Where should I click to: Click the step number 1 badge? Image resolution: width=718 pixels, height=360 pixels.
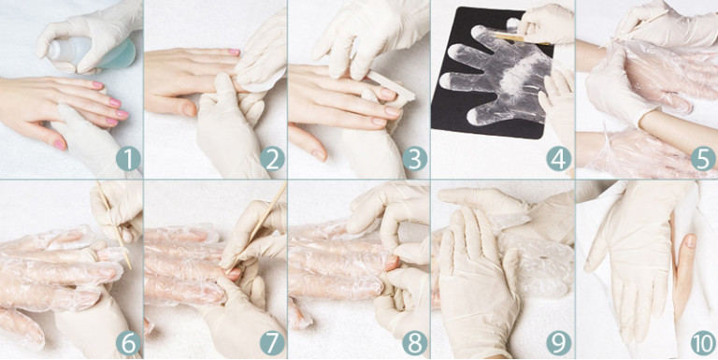click(x=128, y=159)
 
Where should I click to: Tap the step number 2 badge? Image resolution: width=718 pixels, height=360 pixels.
click(x=272, y=159)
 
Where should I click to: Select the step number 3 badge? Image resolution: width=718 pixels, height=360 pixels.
click(x=415, y=159)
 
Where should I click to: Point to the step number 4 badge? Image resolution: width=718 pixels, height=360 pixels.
click(x=559, y=159)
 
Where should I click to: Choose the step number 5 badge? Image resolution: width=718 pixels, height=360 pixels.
click(x=703, y=159)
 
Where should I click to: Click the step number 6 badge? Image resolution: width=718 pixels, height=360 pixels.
click(x=128, y=343)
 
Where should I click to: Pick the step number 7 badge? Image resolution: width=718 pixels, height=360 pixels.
click(x=272, y=343)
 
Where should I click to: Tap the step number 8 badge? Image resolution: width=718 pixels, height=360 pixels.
click(x=415, y=343)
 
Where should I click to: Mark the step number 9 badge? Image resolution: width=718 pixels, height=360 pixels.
click(x=559, y=343)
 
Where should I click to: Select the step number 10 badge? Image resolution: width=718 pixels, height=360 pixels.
click(x=703, y=343)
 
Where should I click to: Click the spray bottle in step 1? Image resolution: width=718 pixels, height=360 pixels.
click(x=92, y=53)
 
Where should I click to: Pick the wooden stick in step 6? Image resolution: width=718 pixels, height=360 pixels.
click(x=113, y=225)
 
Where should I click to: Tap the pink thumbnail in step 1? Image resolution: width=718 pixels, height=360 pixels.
click(x=60, y=145)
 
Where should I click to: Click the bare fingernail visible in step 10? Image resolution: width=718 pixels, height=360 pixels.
click(x=691, y=241)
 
